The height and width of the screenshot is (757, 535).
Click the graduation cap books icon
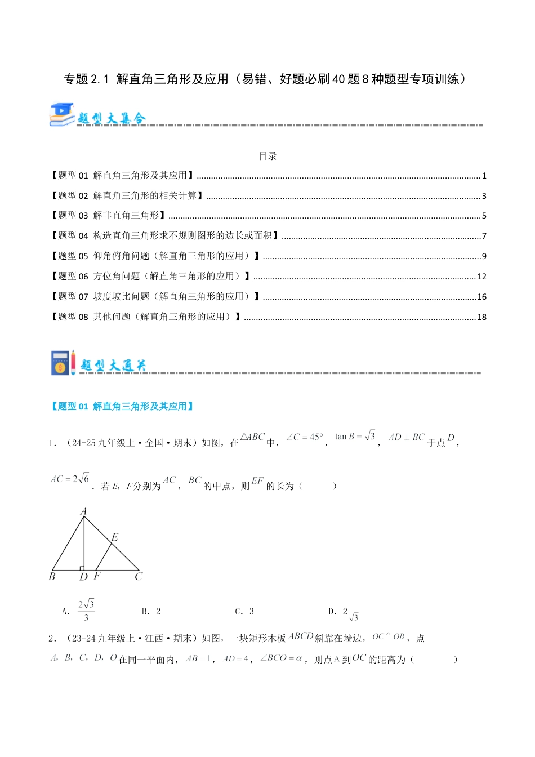tap(62, 114)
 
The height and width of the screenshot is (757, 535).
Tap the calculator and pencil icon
tap(63, 363)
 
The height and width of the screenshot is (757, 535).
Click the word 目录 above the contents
tap(267, 156)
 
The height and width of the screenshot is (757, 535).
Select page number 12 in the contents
tap(481, 277)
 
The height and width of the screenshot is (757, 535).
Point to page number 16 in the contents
tap(481, 297)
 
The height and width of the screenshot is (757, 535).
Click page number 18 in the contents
tap(481, 317)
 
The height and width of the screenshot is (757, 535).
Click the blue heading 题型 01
tap(122, 406)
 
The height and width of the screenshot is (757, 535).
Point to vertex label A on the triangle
tap(83, 511)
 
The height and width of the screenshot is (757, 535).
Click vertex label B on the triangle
tap(52, 576)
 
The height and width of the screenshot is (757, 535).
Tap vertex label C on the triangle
tap(139, 576)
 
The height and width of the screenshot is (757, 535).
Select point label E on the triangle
tap(114, 537)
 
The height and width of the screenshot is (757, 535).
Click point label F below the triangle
tap(97, 576)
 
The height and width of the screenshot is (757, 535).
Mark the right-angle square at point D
tap(82, 568)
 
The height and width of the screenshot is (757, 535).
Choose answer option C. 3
tap(244, 611)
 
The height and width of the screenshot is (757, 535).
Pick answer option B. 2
tap(151, 611)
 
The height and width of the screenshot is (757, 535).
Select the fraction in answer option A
tap(86, 611)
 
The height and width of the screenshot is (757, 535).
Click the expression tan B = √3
tap(355, 436)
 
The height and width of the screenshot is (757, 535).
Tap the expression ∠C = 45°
tap(305, 437)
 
